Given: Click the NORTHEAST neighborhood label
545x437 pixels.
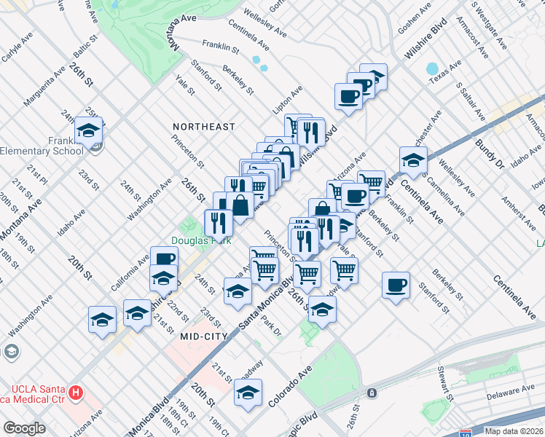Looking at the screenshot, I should pyautogui.click(x=204, y=127).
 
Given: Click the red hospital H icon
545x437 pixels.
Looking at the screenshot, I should pyautogui.click(x=75, y=392).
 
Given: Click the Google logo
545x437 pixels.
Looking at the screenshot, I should pyautogui.click(x=24, y=428).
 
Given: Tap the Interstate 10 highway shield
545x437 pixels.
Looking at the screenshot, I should pyautogui.click(x=465, y=433).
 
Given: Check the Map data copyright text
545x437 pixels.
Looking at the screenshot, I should pyautogui.click(x=514, y=431).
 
